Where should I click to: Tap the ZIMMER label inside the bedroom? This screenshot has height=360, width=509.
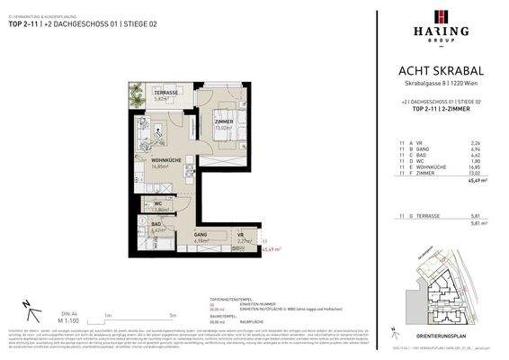click(223, 121)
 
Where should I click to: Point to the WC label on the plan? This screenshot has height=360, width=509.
click(156, 203)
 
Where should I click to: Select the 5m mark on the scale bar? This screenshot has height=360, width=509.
click(171, 315)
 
